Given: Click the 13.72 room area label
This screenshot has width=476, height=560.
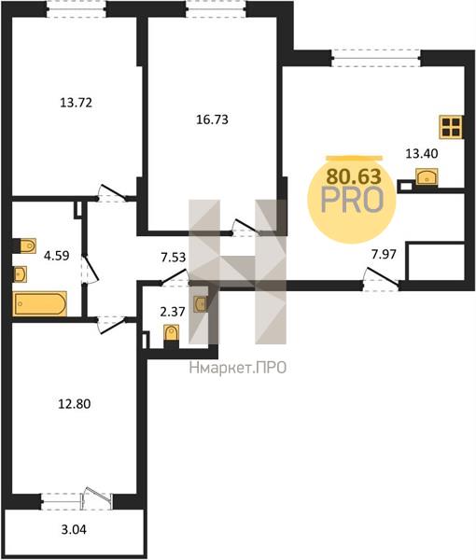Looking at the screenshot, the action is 76,103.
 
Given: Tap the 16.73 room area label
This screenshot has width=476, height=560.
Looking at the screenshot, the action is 212,119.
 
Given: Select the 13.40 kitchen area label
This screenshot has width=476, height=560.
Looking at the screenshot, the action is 422,154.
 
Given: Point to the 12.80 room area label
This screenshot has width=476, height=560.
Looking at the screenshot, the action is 75,404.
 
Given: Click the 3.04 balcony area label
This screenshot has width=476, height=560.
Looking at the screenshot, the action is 74,529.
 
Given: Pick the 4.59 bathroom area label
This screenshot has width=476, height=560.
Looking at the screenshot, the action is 56,256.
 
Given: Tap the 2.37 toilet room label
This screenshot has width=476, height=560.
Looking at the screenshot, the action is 173,312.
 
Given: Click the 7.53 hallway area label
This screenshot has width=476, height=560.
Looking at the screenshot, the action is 174,258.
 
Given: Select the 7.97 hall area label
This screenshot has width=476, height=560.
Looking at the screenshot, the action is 384,255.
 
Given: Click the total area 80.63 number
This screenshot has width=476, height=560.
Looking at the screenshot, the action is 355,176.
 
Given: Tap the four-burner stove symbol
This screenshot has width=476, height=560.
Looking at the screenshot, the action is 451,127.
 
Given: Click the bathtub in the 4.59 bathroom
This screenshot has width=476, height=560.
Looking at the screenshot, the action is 40,304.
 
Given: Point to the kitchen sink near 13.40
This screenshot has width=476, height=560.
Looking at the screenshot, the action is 427,176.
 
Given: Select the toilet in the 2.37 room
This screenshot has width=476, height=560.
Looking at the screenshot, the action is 172,333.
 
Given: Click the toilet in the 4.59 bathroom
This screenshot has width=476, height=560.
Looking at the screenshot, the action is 28,245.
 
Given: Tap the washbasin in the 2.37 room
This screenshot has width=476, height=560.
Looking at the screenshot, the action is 201,304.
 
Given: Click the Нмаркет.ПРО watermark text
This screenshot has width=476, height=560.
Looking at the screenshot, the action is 238,368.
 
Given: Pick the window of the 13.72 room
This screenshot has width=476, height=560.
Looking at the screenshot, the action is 76,9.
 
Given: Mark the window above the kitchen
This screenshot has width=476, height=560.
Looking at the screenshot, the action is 376,59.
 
